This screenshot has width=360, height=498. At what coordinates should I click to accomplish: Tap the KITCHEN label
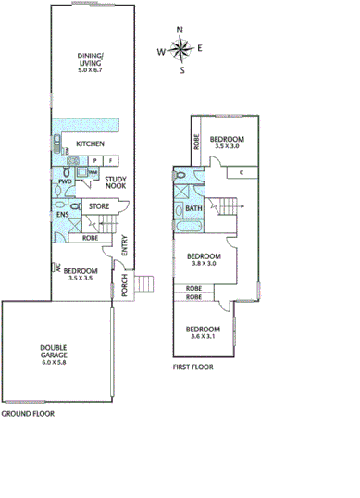pyautogui.click(x=89, y=143)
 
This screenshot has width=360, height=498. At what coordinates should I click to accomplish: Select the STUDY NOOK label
pyautogui.click(x=117, y=183)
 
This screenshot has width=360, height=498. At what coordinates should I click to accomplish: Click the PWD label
pyautogui.click(x=65, y=181)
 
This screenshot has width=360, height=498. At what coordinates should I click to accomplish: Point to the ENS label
pyautogui.click(x=61, y=216)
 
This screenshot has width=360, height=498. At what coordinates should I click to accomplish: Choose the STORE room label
pyautogui.click(x=98, y=205)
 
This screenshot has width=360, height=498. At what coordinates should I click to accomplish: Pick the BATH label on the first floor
pyautogui.click(x=193, y=208)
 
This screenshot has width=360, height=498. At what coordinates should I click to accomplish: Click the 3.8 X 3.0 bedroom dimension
pyautogui.click(x=204, y=263)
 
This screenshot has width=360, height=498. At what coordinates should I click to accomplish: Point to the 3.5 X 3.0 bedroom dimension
pyautogui.click(x=226, y=146)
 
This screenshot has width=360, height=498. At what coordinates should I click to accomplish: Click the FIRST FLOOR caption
pyautogui.click(x=192, y=367)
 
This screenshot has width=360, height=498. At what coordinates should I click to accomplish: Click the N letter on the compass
pyautogui.click(x=180, y=30)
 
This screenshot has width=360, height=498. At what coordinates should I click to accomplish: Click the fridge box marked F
pyautogui.click(x=109, y=160)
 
